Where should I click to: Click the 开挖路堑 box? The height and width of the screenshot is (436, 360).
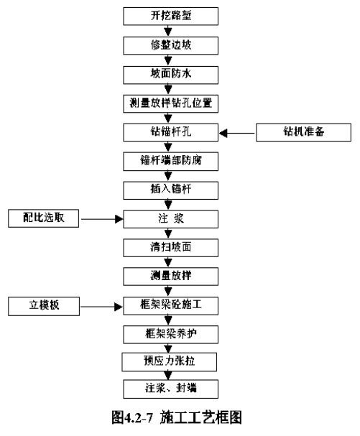pyautogui.click(x=170, y=16)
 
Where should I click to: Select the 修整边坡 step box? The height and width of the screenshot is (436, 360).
pyautogui.click(x=170, y=45)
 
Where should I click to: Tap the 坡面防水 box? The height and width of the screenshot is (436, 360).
pyautogui.click(x=170, y=75)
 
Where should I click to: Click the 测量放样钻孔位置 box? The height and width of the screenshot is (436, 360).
pyautogui.click(x=170, y=103)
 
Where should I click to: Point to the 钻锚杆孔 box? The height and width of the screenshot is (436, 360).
pyautogui.click(x=170, y=132)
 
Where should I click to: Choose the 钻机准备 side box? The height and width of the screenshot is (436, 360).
pyautogui.click(x=303, y=132)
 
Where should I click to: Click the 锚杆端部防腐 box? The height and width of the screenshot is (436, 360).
pyautogui.click(x=170, y=162)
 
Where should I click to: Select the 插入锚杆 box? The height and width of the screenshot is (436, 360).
pyautogui.click(x=170, y=190)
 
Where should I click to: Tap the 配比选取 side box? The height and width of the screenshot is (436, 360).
pyautogui.click(x=43, y=218)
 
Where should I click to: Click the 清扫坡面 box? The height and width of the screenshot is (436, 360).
pyautogui.click(x=170, y=248)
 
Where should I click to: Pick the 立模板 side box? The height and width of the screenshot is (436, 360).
pyautogui.click(x=44, y=306)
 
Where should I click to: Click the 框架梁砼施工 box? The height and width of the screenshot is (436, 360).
pyautogui.click(x=170, y=306)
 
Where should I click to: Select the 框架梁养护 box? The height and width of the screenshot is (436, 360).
pyautogui.click(x=170, y=335)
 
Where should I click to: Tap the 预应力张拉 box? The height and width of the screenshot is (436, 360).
pyautogui.click(x=169, y=362)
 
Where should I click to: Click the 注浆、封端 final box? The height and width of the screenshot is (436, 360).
pyautogui.click(x=170, y=389)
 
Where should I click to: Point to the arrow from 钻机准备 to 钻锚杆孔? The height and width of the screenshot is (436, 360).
pyautogui.click(x=237, y=133)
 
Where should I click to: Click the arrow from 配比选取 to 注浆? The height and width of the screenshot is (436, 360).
pyautogui.click(x=102, y=219)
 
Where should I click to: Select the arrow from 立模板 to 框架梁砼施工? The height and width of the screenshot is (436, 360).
pyautogui.click(x=101, y=307)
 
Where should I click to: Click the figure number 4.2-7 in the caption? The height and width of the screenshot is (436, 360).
pyautogui.click(x=138, y=417)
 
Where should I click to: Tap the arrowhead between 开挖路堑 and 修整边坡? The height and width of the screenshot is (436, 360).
pyautogui.click(x=168, y=32)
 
